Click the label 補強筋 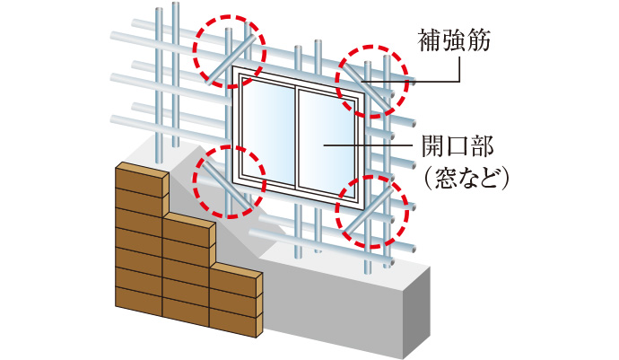tap(454, 40)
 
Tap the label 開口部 tap(458, 145)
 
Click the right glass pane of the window tap(327, 145)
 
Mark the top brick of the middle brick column tap(189, 229)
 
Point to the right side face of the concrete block tap(417, 312)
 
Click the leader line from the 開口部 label tap(368, 145)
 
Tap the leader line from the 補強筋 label tap(411, 69)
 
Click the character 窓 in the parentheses tap(445, 179)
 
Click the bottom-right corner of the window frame tap(363, 208)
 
